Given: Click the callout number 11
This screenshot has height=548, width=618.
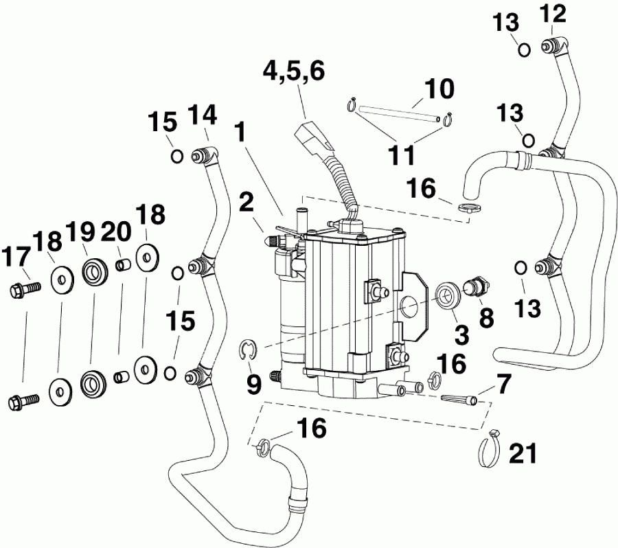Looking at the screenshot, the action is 401,155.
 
